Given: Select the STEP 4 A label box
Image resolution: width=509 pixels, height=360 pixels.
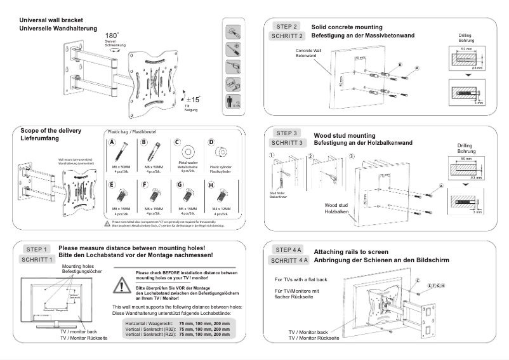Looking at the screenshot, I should pos(289,249).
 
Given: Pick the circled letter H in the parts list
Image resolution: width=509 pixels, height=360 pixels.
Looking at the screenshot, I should pos(211,185).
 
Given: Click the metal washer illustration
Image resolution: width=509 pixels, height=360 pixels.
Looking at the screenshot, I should pos(189,154).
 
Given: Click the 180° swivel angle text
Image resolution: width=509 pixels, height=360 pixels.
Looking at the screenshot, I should pos(112,36).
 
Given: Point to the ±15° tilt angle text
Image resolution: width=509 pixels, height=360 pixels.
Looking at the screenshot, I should pos(192,99).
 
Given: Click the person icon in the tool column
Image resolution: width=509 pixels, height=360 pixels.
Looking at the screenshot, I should pos(235,102).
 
